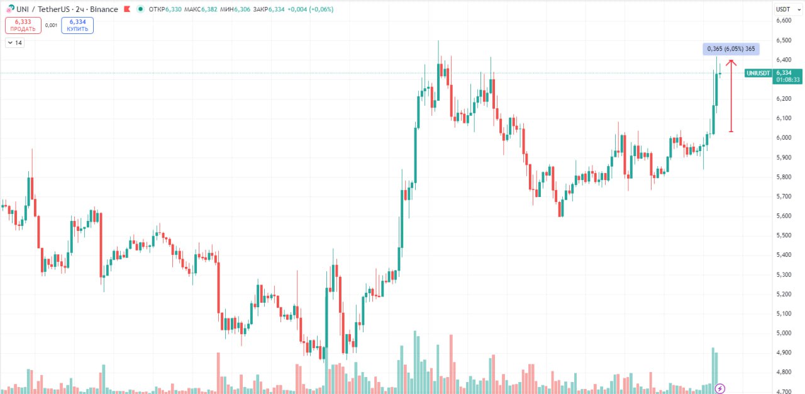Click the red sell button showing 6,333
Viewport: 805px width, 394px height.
click(x=23, y=25)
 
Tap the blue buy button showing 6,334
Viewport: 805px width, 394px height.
click(x=77, y=25)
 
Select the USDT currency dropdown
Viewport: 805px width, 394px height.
click(x=783, y=9)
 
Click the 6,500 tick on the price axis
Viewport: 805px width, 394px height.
click(x=784, y=40)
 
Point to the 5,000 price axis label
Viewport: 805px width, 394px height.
click(x=784, y=333)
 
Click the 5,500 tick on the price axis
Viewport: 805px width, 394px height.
click(x=784, y=235)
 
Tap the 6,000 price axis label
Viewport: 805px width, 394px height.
click(x=784, y=138)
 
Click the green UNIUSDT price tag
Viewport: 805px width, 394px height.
click(x=758, y=73)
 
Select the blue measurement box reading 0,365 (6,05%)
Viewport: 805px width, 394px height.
click(x=731, y=49)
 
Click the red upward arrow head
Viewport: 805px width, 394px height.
click(x=731, y=62)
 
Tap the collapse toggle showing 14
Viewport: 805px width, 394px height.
click(x=14, y=43)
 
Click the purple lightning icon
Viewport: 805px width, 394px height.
click(x=721, y=388)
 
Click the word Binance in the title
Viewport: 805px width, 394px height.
click(x=104, y=9)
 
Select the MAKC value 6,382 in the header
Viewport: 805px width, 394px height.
click(x=214, y=9)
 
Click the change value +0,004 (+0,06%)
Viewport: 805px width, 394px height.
click(x=309, y=9)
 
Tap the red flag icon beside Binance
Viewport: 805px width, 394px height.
click(x=127, y=9)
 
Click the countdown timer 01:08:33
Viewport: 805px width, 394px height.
click(x=787, y=80)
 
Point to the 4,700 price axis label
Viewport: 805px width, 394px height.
click(x=784, y=391)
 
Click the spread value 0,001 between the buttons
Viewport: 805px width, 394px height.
click(x=52, y=25)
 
